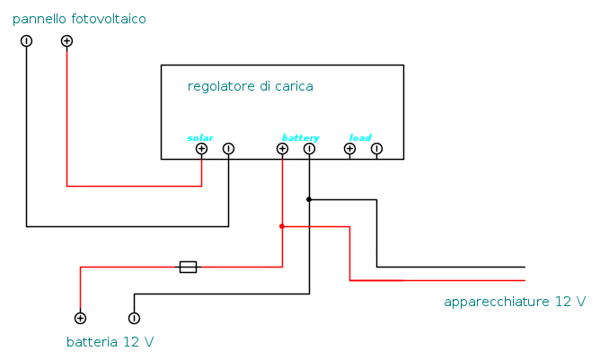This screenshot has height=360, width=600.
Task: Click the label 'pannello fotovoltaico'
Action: pos(79,19)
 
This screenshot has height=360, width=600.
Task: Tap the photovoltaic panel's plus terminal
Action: pos(66,41)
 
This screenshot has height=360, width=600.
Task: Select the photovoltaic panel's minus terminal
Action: pos(26,41)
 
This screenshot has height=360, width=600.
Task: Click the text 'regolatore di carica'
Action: pos(250,86)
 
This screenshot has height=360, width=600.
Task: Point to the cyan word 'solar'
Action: pos(200,137)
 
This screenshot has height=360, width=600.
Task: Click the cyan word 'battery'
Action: pos(300,137)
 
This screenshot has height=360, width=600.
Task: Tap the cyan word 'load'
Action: pos(360,137)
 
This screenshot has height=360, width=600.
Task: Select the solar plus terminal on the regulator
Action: pos(201,149)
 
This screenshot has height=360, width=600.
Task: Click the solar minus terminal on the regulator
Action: pos(228,149)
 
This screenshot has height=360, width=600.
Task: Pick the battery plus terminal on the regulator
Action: pos(282,149)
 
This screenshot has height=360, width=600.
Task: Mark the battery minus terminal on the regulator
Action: pos(309,149)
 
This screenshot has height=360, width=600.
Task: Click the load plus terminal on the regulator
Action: pos(349,149)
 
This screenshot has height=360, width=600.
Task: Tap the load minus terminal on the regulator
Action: pos(376,149)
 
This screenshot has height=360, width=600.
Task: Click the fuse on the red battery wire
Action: pos(188,267)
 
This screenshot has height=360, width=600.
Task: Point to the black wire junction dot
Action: pos(309,199)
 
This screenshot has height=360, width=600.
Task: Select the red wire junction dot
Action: pos(282,226)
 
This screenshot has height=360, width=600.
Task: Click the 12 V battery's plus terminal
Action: pos(80,318)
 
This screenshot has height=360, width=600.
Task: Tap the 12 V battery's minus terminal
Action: pos(134,318)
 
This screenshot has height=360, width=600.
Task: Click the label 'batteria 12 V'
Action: pos(110,342)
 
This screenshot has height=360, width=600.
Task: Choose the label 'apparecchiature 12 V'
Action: pos(515,302)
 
